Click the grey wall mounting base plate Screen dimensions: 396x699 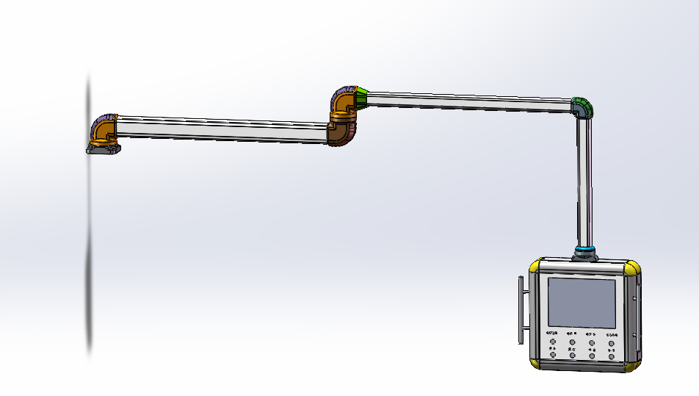pyautogui.click(x=103, y=149)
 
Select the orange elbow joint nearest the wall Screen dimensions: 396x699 pyautogui.click(x=106, y=131)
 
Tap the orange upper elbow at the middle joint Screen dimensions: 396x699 pyautogui.click(x=344, y=104)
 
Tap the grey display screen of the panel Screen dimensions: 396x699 pyautogui.click(x=582, y=303)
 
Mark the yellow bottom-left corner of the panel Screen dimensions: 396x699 pyautogui.click(x=535, y=362)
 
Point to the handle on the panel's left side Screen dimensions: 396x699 pyautogui.click(x=522, y=311)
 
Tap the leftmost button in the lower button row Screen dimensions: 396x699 pyautogui.click(x=552, y=356)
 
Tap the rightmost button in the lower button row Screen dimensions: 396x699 pyautogui.click(x=611, y=356)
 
